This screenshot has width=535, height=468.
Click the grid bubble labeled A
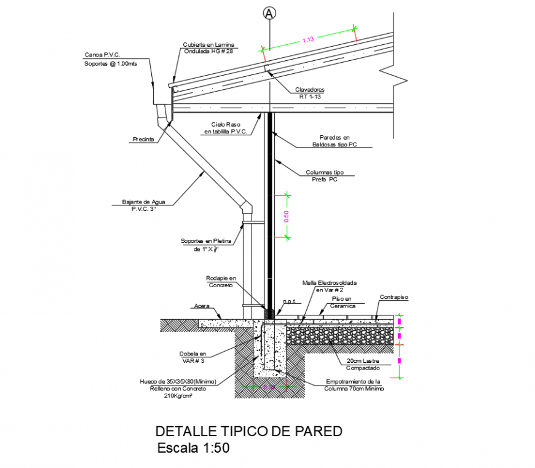269,13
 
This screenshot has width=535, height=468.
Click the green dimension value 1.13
308,39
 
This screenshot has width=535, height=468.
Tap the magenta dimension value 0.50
286,215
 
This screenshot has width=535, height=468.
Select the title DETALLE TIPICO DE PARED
248,431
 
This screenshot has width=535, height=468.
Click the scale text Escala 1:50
193,448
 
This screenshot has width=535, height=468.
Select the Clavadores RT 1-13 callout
311,93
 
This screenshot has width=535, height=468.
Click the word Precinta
143,140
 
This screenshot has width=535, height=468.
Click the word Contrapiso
394,298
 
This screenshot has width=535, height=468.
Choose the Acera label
202,305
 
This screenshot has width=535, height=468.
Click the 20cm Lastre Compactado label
362,365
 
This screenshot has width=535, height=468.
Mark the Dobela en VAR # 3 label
193,357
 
